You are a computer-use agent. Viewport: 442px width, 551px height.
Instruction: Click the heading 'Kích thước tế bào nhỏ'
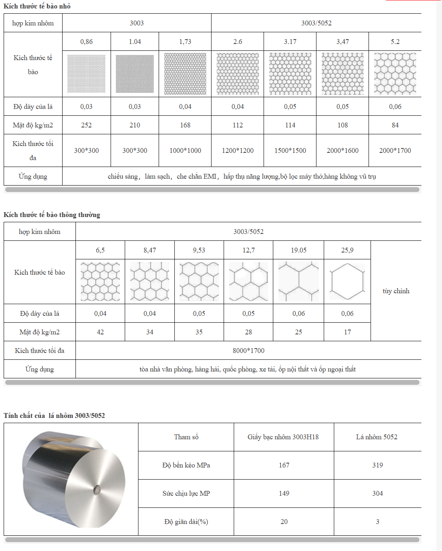37,6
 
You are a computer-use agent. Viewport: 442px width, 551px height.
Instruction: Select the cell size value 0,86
86,42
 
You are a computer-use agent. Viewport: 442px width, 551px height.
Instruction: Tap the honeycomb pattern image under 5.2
395,74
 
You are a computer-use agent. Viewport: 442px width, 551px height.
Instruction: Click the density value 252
86,125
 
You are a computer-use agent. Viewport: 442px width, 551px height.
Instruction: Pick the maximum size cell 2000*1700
395,150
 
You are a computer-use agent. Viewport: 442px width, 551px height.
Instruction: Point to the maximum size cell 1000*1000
185,150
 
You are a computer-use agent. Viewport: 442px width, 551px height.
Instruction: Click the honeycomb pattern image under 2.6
237,74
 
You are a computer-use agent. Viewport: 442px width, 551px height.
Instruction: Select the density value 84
395,125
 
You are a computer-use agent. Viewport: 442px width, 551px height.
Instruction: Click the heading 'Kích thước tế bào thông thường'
52,215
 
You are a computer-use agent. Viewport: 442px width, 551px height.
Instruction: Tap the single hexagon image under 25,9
347,282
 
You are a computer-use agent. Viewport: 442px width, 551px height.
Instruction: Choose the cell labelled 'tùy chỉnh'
396,291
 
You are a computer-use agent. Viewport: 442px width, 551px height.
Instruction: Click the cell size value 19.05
298,250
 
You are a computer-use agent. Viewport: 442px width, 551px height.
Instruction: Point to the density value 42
100,332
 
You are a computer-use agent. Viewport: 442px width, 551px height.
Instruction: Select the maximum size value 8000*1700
248,351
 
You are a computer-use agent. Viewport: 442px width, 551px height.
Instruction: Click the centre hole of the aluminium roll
97,489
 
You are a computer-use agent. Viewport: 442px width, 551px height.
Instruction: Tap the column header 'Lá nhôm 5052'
376,437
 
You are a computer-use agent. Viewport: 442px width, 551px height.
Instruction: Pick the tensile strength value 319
377,465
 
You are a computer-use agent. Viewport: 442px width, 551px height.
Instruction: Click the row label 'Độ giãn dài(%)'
186,522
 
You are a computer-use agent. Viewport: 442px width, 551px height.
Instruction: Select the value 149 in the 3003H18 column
284,493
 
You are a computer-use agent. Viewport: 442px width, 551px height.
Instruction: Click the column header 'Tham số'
186,437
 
